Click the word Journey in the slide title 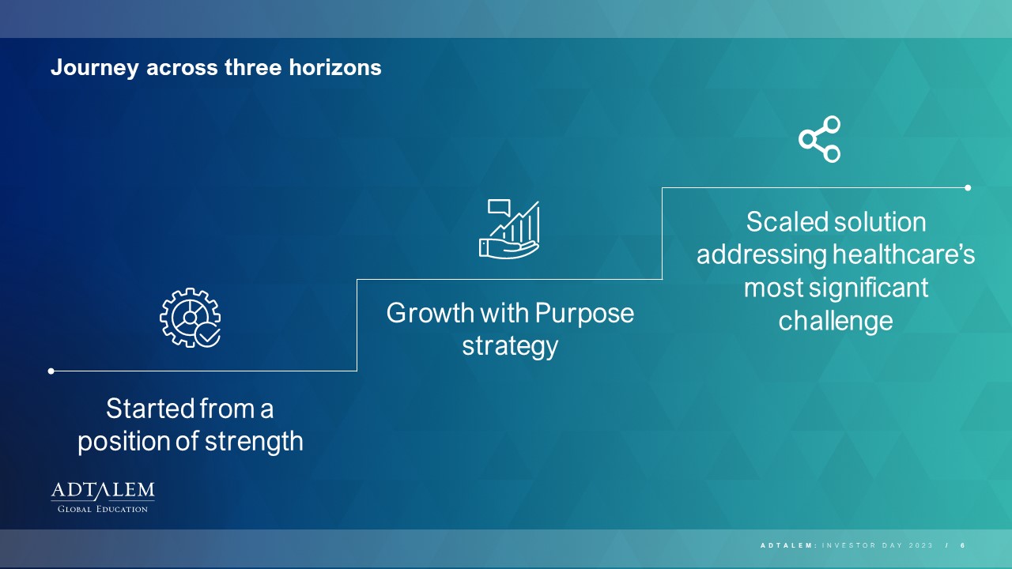(94, 68)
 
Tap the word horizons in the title (335, 67)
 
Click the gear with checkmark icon (191, 318)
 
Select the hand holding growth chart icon (509, 229)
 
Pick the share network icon (820, 139)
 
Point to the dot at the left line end (51, 371)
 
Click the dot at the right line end (968, 188)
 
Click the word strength (254, 441)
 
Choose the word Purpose (584, 314)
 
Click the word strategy (510, 347)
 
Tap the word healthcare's (904, 254)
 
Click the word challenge (836, 322)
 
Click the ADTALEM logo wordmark (103, 491)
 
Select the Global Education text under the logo (103, 509)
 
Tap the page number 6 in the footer (963, 545)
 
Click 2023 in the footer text (921, 545)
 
